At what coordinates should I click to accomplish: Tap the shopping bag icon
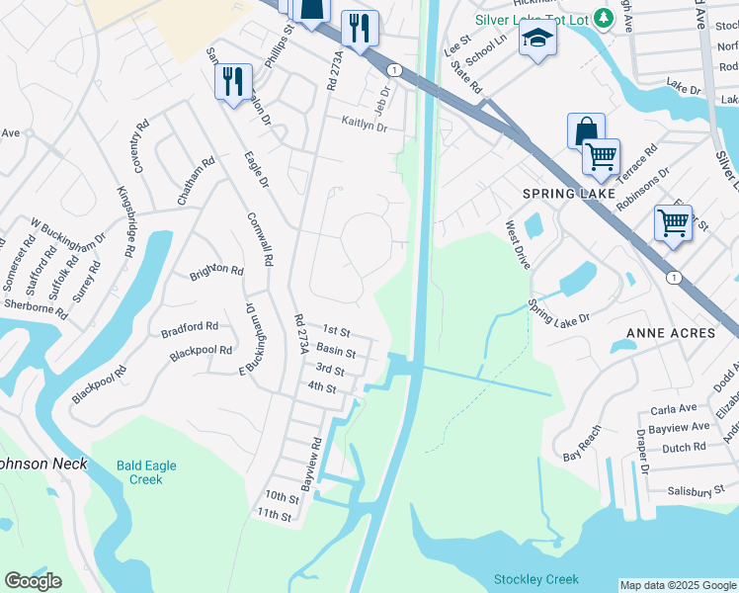click(x=585, y=130)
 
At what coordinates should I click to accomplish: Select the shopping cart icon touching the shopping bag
click(x=601, y=156)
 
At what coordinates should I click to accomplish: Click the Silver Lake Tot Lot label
click(x=532, y=19)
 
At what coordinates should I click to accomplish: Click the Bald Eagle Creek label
click(x=145, y=471)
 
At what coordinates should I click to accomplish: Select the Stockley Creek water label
click(x=536, y=579)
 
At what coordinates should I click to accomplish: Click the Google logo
click(x=33, y=581)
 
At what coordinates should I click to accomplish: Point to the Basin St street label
click(x=336, y=352)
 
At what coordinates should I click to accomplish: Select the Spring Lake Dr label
click(x=558, y=311)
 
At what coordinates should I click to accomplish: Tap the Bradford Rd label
click(x=190, y=327)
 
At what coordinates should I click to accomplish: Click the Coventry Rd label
click(x=139, y=146)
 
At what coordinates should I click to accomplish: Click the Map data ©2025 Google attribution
click(x=678, y=585)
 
